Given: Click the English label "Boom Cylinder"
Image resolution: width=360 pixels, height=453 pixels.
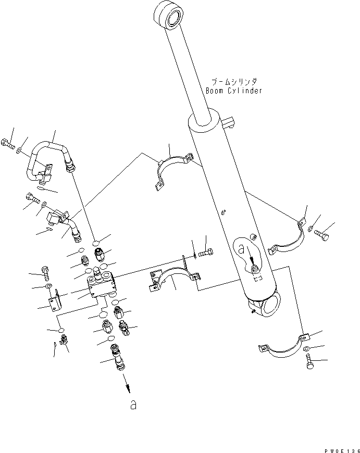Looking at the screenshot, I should [x=233, y=91].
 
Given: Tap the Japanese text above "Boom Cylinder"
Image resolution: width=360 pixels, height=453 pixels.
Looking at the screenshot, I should [x=234, y=82].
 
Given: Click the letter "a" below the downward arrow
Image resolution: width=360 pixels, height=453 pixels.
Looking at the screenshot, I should [x=133, y=405].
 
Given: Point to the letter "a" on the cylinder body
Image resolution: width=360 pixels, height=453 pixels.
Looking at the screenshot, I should [x=241, y=250].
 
